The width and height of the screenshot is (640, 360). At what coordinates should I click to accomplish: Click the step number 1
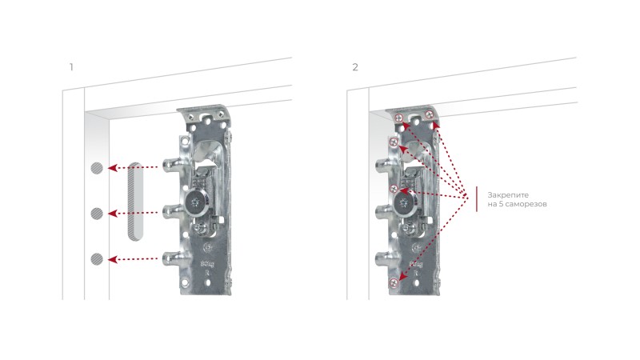pos(71,67)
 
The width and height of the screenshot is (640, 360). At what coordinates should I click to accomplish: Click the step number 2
pos(355,67)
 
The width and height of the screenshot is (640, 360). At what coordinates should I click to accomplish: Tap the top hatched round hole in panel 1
pos(97,168)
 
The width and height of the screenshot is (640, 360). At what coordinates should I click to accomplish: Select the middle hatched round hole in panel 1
pos(97,214)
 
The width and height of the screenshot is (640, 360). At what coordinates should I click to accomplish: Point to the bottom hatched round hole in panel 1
pos(97,258)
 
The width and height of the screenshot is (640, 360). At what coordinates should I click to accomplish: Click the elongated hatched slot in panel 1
pos(135,202)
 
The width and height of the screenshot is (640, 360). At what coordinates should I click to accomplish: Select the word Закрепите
pos(508,195)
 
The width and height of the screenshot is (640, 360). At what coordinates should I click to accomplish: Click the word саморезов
pos(526,204)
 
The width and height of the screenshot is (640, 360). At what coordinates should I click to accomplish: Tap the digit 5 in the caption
pos(501,204)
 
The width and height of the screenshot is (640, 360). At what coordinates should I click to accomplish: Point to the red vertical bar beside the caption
pos(477,199)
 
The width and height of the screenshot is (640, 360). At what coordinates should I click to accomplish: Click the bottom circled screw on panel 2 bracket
pos(394,282)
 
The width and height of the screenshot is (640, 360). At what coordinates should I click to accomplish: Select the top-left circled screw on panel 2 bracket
pos(399,118)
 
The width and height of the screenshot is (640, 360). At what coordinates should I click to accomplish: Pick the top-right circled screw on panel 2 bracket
pos(430,115)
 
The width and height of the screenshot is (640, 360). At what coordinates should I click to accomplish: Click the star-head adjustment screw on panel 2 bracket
pos(405,202)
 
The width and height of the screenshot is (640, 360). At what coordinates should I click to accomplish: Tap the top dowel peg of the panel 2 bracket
pos(383,165)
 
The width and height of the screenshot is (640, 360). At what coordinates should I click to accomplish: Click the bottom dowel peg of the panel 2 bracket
pos(383,258)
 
